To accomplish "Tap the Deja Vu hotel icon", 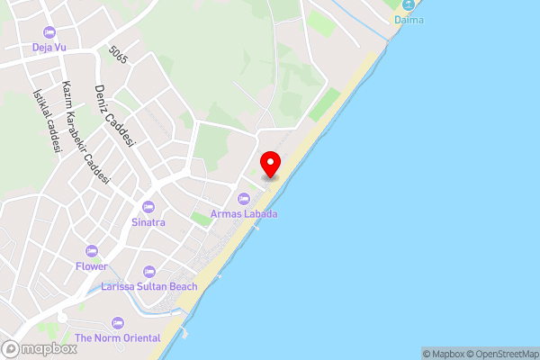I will [x=49, y=32].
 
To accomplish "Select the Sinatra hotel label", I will [x=148, y=221].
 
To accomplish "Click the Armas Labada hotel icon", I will [x=243, y=199].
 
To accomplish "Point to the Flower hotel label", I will [x=91, y=266].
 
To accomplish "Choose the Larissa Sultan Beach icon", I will [x=148, y=271].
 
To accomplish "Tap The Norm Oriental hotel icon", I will [x=117, y=323].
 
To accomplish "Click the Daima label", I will [x=409, y=19].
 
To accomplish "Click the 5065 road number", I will [x=118, y=56].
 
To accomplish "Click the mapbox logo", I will [x=39, y=348].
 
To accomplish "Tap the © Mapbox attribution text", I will [x=443, y=354].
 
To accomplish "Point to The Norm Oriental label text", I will [x=117, y=338].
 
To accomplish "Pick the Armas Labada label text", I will [x=244, y=214].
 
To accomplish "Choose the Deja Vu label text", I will [x=49, y=47].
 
